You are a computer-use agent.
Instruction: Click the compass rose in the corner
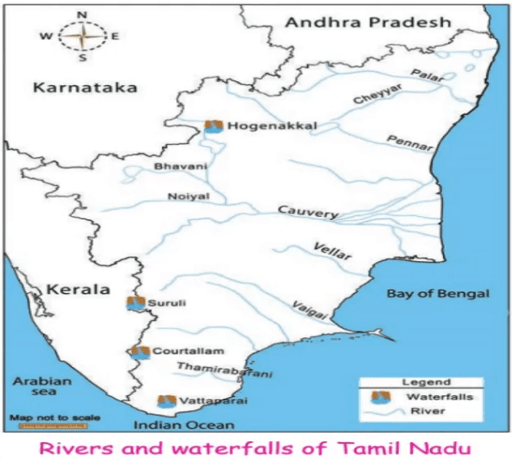[80, 36]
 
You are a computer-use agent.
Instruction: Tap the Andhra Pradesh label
[367, 22]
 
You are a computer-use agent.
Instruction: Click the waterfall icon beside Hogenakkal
[214, 127]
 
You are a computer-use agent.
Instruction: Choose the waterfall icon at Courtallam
[139, 352]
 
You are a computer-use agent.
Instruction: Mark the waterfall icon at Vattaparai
[166, 401]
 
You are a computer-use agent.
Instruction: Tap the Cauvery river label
[307, 211]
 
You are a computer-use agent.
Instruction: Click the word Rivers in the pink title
[88, 447]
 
